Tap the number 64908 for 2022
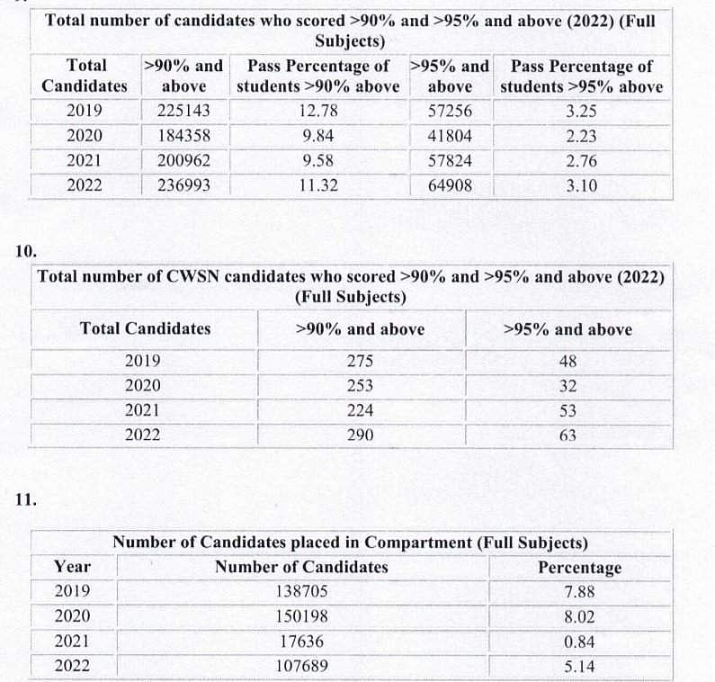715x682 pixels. point(450,187)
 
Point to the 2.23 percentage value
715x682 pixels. point(581,137)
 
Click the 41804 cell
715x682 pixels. point(450,137)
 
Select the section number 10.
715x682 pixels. point(26,251)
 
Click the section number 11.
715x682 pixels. point(26,498)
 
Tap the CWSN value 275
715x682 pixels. point(360,362)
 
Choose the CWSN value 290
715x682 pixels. point(360,435)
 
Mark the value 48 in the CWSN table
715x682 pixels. point(567,362)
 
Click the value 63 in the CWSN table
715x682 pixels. point(567,435)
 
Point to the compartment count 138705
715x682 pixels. point(302,592)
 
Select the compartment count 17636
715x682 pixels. point(302,642)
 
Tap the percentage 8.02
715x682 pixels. point(579,617)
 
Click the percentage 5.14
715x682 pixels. point(579,668)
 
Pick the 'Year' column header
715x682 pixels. point(72,567)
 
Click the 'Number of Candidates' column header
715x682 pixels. point(301,567)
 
